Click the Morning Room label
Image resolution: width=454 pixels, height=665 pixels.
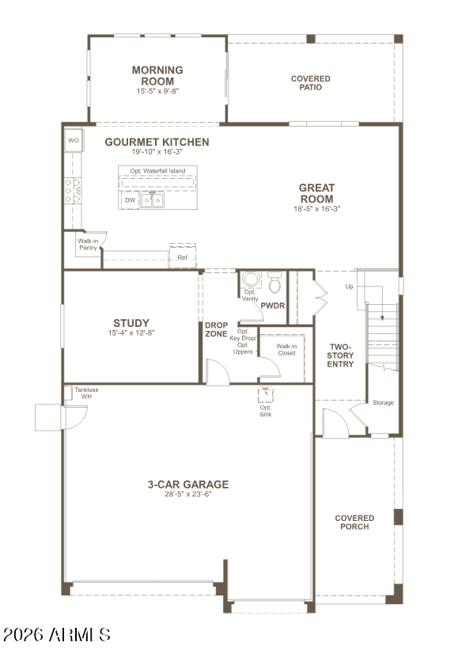pos(157,75)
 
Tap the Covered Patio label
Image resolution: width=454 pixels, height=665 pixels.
pos(311,83)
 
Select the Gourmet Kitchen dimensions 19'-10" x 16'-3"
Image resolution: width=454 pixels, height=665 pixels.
pos(157,152)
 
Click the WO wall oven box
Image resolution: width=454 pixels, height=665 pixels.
pos(74,141)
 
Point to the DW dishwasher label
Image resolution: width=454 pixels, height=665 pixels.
pos(130,201)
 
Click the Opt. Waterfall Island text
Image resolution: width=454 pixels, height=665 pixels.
pos(157,171)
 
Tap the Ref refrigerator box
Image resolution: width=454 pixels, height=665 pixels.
pos(182,257)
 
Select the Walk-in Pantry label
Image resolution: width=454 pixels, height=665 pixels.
pos(87,245)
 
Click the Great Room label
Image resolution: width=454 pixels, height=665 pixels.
pos(316,193)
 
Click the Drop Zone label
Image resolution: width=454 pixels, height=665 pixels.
pos(216,330)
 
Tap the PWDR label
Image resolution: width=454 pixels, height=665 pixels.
pos(272,306)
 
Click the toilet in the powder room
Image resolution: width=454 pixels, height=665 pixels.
pos(274,282)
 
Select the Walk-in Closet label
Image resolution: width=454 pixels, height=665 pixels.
pos(286,349)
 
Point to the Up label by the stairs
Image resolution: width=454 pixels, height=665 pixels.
pos(349,286)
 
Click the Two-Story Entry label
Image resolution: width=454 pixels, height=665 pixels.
pos(341,356)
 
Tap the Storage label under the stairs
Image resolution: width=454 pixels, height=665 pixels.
pos(384,403)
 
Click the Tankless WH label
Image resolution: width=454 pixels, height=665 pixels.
pos(85,393)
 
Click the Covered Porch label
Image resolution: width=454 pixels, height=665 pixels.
pos(354,522)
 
